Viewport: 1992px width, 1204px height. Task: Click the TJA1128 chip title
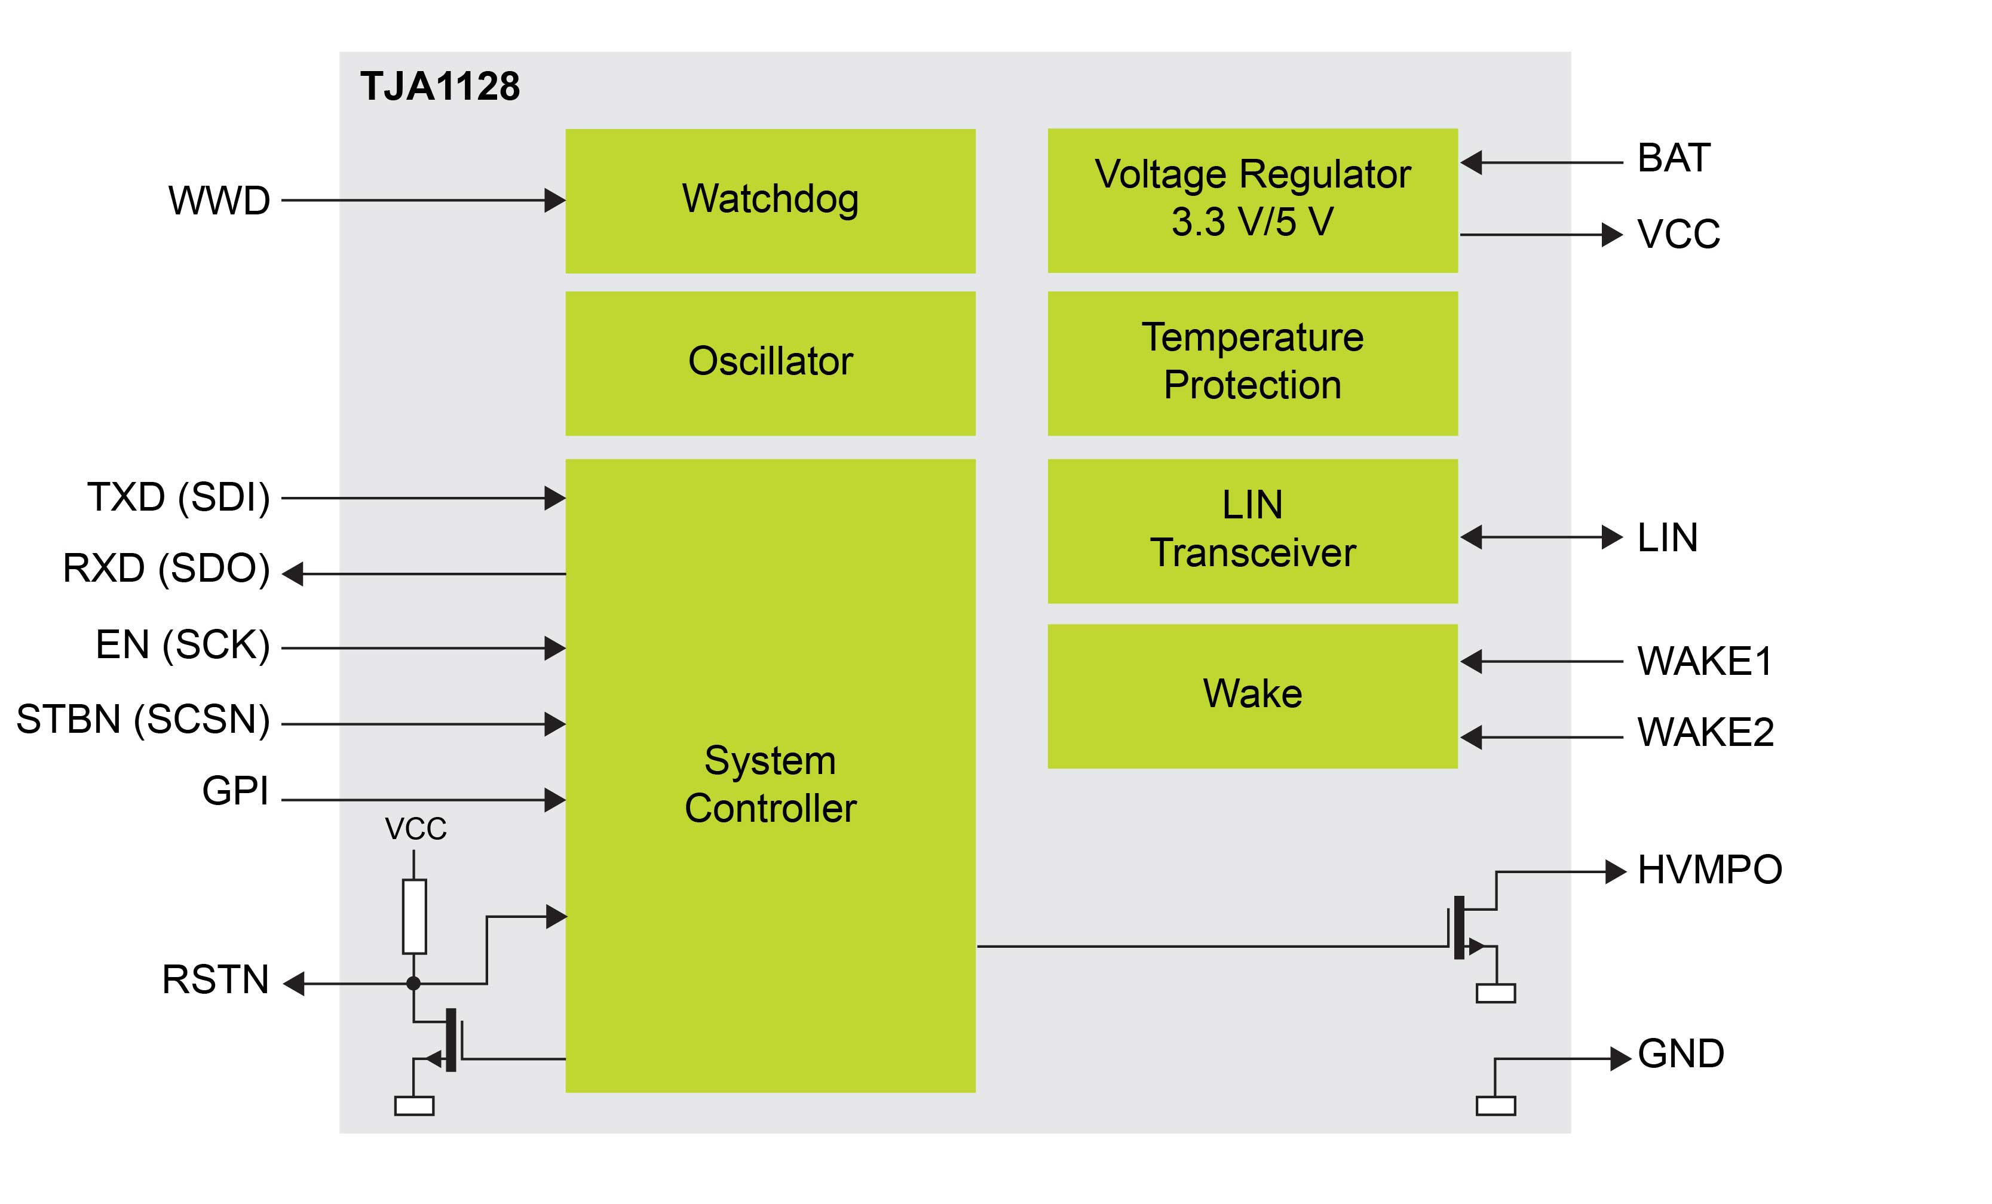440,87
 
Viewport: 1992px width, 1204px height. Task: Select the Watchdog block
770,201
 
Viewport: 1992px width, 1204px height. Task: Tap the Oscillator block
770,363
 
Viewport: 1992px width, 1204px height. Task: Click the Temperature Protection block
1252,363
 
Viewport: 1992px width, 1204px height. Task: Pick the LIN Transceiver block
1252,530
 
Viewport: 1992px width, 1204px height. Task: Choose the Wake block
1252,695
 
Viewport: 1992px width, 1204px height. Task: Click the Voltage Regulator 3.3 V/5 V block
1252,199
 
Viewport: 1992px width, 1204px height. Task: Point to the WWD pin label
219,201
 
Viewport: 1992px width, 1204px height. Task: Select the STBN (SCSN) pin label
143,719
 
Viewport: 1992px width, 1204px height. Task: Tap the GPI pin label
235,790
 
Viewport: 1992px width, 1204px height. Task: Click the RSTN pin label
215,979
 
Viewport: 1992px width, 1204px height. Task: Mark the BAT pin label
1674,158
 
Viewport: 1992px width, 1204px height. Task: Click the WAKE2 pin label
1705,732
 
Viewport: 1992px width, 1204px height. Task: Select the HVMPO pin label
1709,870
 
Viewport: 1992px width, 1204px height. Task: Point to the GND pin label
1681,1053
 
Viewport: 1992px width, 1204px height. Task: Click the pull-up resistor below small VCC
414,916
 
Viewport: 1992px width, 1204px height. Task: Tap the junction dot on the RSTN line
413,984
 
